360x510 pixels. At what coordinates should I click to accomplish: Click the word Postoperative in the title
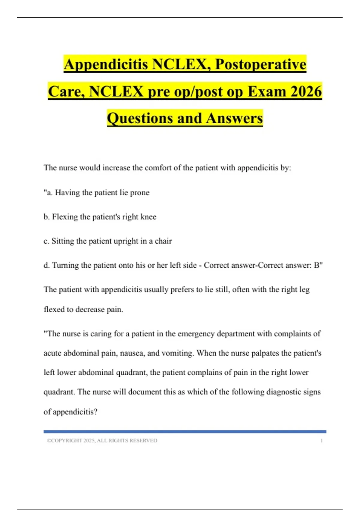pyautogui.click(x=261, y=64)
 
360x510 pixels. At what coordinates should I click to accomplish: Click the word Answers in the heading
pyautogui.click(x=234, y=118)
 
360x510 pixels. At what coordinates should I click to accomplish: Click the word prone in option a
pyautogui.click(x=139, y=193)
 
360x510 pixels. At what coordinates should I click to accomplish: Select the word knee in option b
pyautogui.click(x=148, y=217)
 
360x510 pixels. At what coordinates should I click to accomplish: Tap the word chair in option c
pyautogui.click(x=163, y=241)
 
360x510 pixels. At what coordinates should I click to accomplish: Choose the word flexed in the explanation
pyautogui.click(x=54, y=309)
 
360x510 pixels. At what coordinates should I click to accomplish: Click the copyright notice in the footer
pyautogui.click(x=102, y=440)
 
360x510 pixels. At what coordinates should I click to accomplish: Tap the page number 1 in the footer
pyautogui.click(x=321, y=440)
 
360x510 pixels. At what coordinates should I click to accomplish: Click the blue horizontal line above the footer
pyautogui.click(x=185, y=432)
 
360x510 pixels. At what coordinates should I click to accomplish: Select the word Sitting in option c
pyautogui.click(x=62, y=241)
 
